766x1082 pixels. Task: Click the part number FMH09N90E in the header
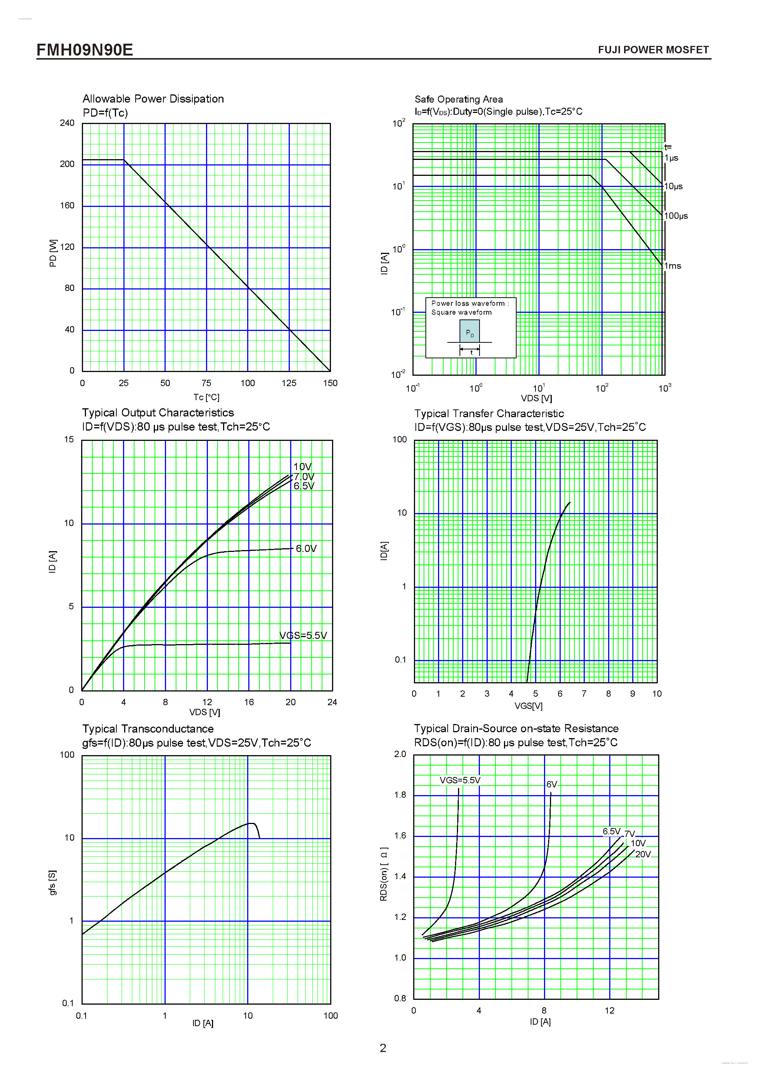[85, 50]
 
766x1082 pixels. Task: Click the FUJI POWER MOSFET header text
[653, 50]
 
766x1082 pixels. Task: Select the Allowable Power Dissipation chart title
[153, 99]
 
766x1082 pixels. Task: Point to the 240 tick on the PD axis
[67, 123]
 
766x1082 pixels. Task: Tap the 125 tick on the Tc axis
[289, 383]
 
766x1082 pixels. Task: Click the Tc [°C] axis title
[206, 397]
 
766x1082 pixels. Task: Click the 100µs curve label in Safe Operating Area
[676, 216]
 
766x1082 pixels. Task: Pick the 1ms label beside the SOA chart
[673, 266]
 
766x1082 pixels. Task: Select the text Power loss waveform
[468, 304]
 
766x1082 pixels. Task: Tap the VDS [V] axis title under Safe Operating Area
[536, 398]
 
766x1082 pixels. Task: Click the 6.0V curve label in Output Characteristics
[306, 549]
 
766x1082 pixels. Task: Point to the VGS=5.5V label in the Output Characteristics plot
[303, 635]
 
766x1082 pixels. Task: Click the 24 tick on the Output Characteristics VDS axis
[332, 702]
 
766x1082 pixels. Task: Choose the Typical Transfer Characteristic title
[489, 414]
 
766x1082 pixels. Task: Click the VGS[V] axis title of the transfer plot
[528, 706]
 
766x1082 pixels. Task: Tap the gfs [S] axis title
[52, 882]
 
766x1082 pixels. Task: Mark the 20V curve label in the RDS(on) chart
[643, 854]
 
